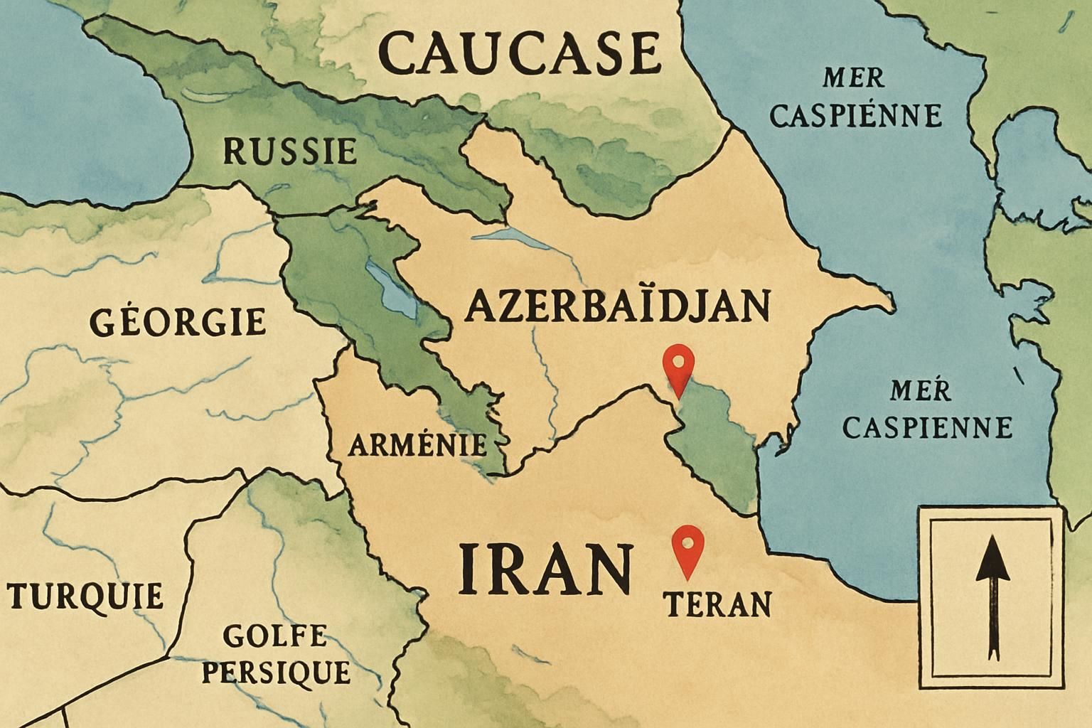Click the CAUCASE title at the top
tap(520, 54)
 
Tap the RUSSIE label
tap(289, 151)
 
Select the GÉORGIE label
tap(178, 322)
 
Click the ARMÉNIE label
tap(417, 445)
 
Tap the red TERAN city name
tap(717, 605)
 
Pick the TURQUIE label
tap(86, 596)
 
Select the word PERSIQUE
tap(276, 672)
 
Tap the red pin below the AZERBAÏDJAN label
tap(678, 367)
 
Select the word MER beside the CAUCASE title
tap(853, 77)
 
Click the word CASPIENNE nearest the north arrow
tap(927, 427)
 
